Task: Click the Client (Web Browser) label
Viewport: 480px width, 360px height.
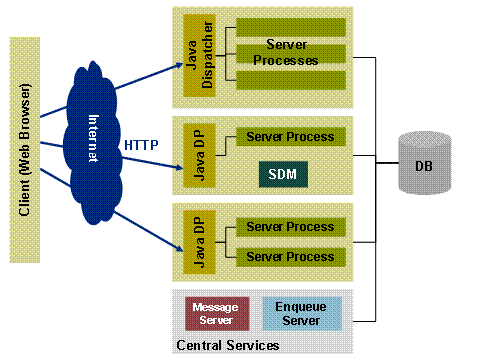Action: click(25, 150)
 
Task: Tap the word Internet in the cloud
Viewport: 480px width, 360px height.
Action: click(94, 138)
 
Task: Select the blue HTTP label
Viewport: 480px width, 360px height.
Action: click(141, 145)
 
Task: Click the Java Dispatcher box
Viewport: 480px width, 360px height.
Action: click(199, 55)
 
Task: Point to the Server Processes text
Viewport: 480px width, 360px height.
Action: click(286, 52)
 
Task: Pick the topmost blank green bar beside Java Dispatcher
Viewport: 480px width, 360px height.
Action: click(291, 27)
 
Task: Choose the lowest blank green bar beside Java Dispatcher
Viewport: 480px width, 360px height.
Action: click(291, 80)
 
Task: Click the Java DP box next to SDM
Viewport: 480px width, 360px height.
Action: click(199, 155)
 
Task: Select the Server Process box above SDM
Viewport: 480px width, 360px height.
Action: click(291, 137)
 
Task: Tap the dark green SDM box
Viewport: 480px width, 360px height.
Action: click(283, 174)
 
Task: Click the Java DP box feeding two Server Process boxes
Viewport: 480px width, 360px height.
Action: click(199, 242)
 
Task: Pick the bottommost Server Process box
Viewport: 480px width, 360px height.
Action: click(291, 257)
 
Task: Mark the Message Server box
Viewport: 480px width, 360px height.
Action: click(217, 314)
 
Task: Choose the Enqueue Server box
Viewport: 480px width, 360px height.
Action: click(302, 314)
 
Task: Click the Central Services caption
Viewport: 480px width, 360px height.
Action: click(228, 345)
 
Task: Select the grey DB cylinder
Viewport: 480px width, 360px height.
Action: click(425, 163)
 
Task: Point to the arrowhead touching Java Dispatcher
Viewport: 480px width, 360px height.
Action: click(179, 65)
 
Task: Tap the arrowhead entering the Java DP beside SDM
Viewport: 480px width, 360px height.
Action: click(179, 167)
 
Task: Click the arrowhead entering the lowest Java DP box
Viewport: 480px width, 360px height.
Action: click(179, 248)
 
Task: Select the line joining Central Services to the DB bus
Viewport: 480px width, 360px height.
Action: click(364, 321)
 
